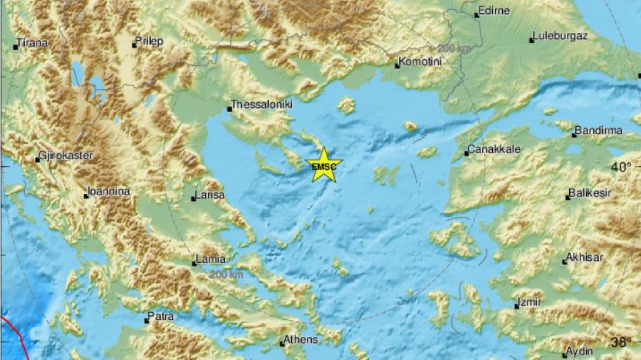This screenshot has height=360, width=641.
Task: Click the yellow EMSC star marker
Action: tap(324, 165)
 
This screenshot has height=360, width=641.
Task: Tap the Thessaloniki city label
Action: tap(262, 104)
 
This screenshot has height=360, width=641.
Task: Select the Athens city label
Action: tap(301, 339)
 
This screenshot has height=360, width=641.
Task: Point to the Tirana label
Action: tap(32, 42)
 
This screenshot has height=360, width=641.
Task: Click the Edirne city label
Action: tap(494, 10)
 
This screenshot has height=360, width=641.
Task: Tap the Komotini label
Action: tap(420, 61)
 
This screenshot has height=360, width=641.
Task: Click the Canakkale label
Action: tap(493, 149)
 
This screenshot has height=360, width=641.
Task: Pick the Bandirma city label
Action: tap(599, 131)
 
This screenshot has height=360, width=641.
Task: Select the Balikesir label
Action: tap(591, 193)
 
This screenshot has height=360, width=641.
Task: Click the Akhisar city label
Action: tap(586, 257)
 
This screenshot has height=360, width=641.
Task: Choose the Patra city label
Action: tap(161, 317)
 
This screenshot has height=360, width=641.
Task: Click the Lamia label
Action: tap(211, 259)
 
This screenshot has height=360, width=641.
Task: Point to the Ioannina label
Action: tap(110, 192)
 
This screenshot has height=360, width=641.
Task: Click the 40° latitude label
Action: tap(621, 167)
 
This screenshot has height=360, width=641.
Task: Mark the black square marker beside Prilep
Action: tap(134, 45)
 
